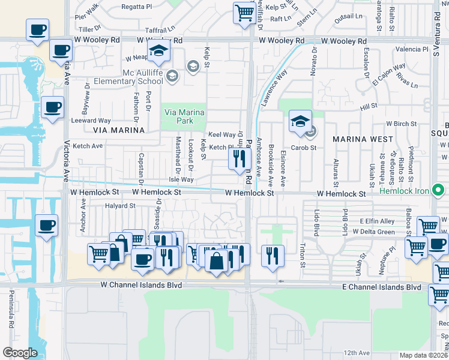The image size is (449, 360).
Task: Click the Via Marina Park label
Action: [184, 116]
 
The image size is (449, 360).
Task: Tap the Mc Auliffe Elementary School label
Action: [143, 77]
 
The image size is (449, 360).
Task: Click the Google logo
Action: [20, 353]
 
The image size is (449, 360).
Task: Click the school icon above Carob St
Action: [300, 122]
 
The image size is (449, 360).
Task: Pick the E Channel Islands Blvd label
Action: [381, 287]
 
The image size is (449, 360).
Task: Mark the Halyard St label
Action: [120, 205]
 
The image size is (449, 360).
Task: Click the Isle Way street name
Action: [181, 179]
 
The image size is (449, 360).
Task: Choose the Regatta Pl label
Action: [136, 7]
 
